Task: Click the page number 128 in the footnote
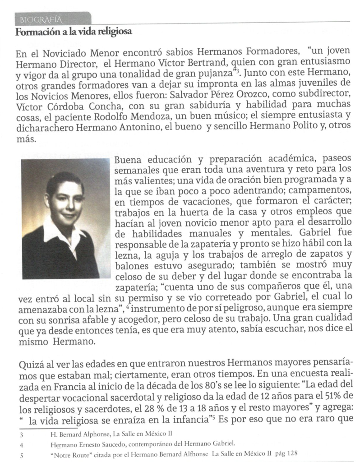pyautogui.click(x=293, y=454)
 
